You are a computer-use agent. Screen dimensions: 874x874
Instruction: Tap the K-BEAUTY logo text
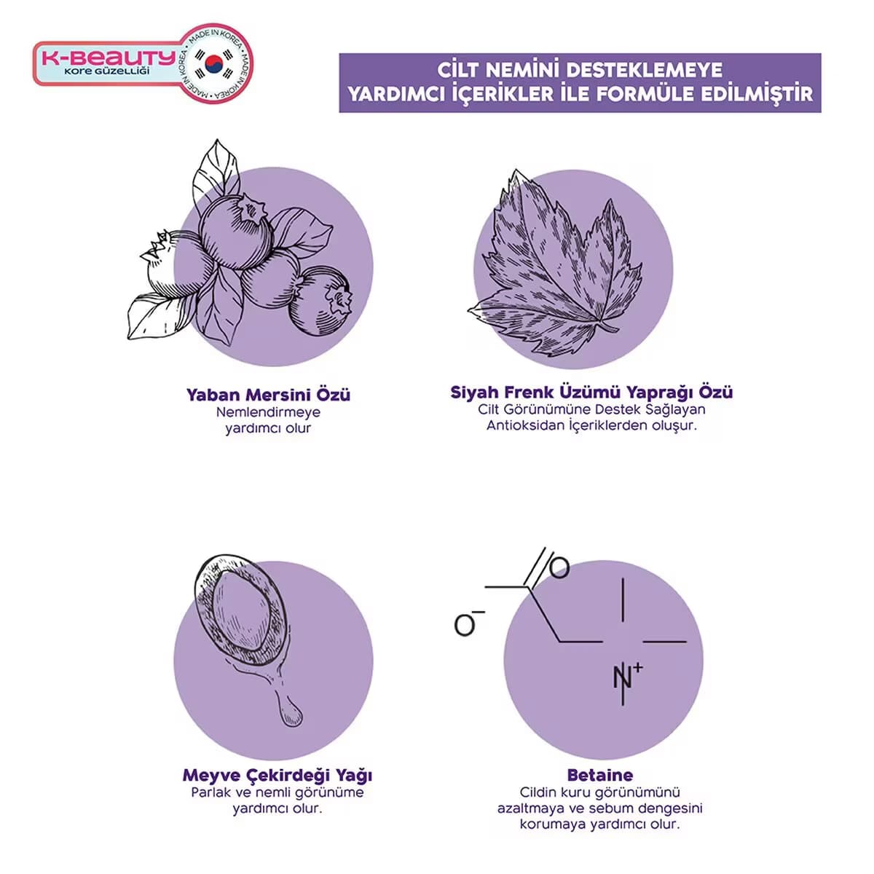point(108,58)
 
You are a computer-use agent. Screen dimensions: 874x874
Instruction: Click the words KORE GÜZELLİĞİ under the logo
point(107,71)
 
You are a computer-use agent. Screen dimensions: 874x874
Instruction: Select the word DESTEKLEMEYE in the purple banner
point(645,71)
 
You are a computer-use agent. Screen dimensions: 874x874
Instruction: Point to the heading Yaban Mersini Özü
point(268,395)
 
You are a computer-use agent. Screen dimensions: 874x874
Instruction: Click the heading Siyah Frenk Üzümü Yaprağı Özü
point(591,392)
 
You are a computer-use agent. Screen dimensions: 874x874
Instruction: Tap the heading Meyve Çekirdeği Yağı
point(277,775)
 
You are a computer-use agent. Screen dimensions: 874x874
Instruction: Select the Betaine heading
point(599,775)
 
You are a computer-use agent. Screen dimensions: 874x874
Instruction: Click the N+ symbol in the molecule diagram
point(627,676)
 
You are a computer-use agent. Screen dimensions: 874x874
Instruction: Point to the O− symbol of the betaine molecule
point(468,623)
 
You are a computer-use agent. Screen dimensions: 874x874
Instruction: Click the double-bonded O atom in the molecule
point(559,567)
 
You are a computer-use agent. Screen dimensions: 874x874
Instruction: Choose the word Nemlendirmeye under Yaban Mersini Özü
point(268,412)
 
